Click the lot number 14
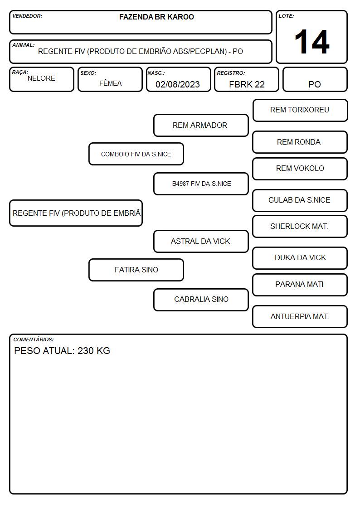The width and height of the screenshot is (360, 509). [312, 42]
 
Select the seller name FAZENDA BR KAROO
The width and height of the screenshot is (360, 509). [156, 17]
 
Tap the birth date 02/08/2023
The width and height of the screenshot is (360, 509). [178, 84]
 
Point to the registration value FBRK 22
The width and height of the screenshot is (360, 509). [247, 84]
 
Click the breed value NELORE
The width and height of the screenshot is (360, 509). [41, 78]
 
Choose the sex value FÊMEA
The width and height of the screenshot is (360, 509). [110, 83]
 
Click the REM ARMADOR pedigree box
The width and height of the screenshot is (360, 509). [201, 125]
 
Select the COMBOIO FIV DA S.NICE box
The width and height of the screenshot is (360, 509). [136, 154]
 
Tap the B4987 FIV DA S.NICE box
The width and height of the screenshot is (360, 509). [201, 184]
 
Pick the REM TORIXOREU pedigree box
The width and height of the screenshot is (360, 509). [300, 111]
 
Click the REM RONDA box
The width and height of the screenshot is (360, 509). [300, 142]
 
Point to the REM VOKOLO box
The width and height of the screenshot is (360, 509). [300, 169]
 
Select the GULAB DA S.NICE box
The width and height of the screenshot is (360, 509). [300, 200]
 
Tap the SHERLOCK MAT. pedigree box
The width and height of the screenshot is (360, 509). [300, 226]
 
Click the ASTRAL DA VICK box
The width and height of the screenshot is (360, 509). [201, 241]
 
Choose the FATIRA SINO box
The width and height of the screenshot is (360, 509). [136, 270]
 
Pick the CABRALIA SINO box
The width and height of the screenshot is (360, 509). [201, 300]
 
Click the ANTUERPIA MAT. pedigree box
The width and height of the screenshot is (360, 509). [300, 316]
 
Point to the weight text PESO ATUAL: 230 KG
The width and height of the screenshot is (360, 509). [62, 350]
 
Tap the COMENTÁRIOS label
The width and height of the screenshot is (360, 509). [34, 339]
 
